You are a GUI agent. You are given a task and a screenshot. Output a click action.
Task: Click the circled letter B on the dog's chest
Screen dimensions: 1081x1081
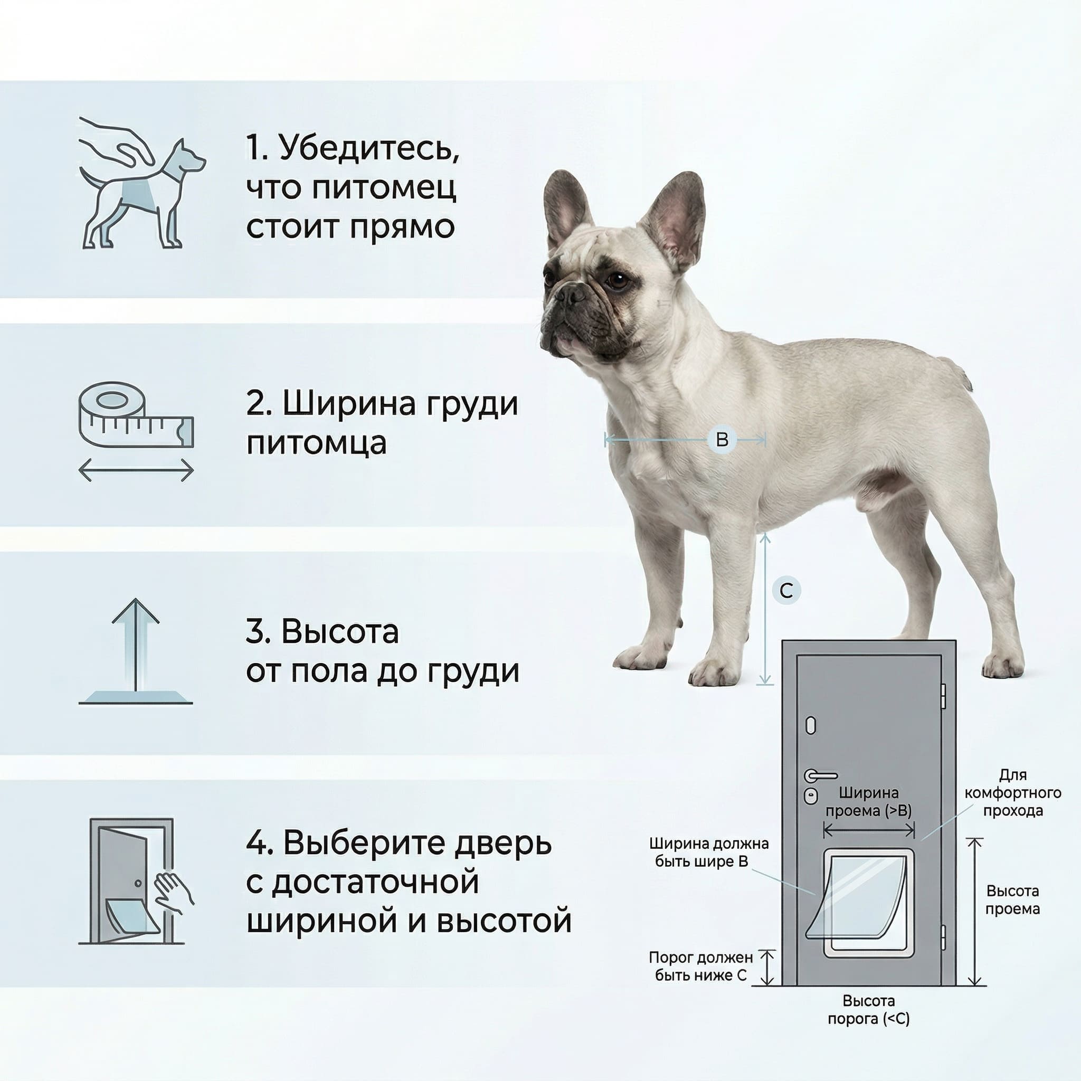(x=722, y=439)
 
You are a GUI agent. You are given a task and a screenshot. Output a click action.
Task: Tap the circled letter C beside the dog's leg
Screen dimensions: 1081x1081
(x=786, y=591)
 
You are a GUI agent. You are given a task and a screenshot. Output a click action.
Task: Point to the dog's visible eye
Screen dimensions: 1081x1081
(x=617, y=279)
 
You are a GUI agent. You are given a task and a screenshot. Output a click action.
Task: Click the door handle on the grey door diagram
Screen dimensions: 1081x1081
(x=820, y=776)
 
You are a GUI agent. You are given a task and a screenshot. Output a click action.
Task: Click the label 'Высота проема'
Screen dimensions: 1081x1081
(x=1012, y=900)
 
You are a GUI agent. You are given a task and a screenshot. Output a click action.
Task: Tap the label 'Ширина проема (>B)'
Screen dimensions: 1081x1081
(x=869, y=802)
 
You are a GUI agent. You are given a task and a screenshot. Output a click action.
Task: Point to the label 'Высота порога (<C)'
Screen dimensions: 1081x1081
(x=868, y=1010)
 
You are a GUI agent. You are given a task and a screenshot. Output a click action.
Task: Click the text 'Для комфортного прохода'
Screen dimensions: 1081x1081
(x=1013, y=793)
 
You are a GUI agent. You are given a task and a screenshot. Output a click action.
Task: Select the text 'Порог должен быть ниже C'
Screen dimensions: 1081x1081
(x=700, y=966)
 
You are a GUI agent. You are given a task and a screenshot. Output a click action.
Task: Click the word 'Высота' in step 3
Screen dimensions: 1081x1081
(x=339, y=631)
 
